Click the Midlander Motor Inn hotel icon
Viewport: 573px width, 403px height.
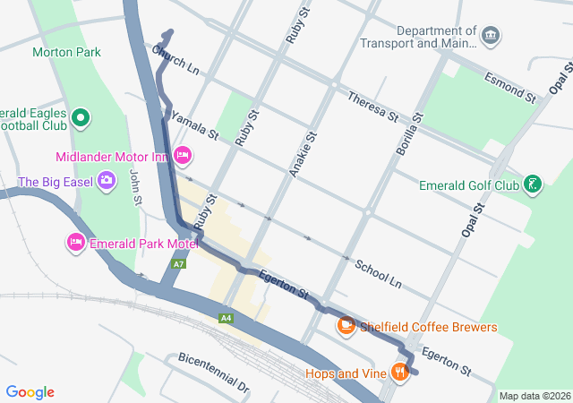[183, 156]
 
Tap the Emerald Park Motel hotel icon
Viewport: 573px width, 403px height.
[76, 243]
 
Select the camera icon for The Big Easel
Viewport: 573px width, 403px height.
[107, 182]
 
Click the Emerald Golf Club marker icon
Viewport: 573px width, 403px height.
[533, 185]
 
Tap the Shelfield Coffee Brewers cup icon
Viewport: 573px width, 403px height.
[346, 326]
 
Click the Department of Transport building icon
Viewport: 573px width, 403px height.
[490, 36]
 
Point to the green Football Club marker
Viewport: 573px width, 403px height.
[81, 117]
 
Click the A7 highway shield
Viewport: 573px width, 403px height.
[179, 264]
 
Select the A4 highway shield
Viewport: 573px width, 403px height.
[226, 318]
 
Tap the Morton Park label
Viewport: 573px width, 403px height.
[66, 52]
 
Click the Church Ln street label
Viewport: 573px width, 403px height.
[175, 61]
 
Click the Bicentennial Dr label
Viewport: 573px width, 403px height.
[213, 372]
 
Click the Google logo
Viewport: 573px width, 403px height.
[30, 392]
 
